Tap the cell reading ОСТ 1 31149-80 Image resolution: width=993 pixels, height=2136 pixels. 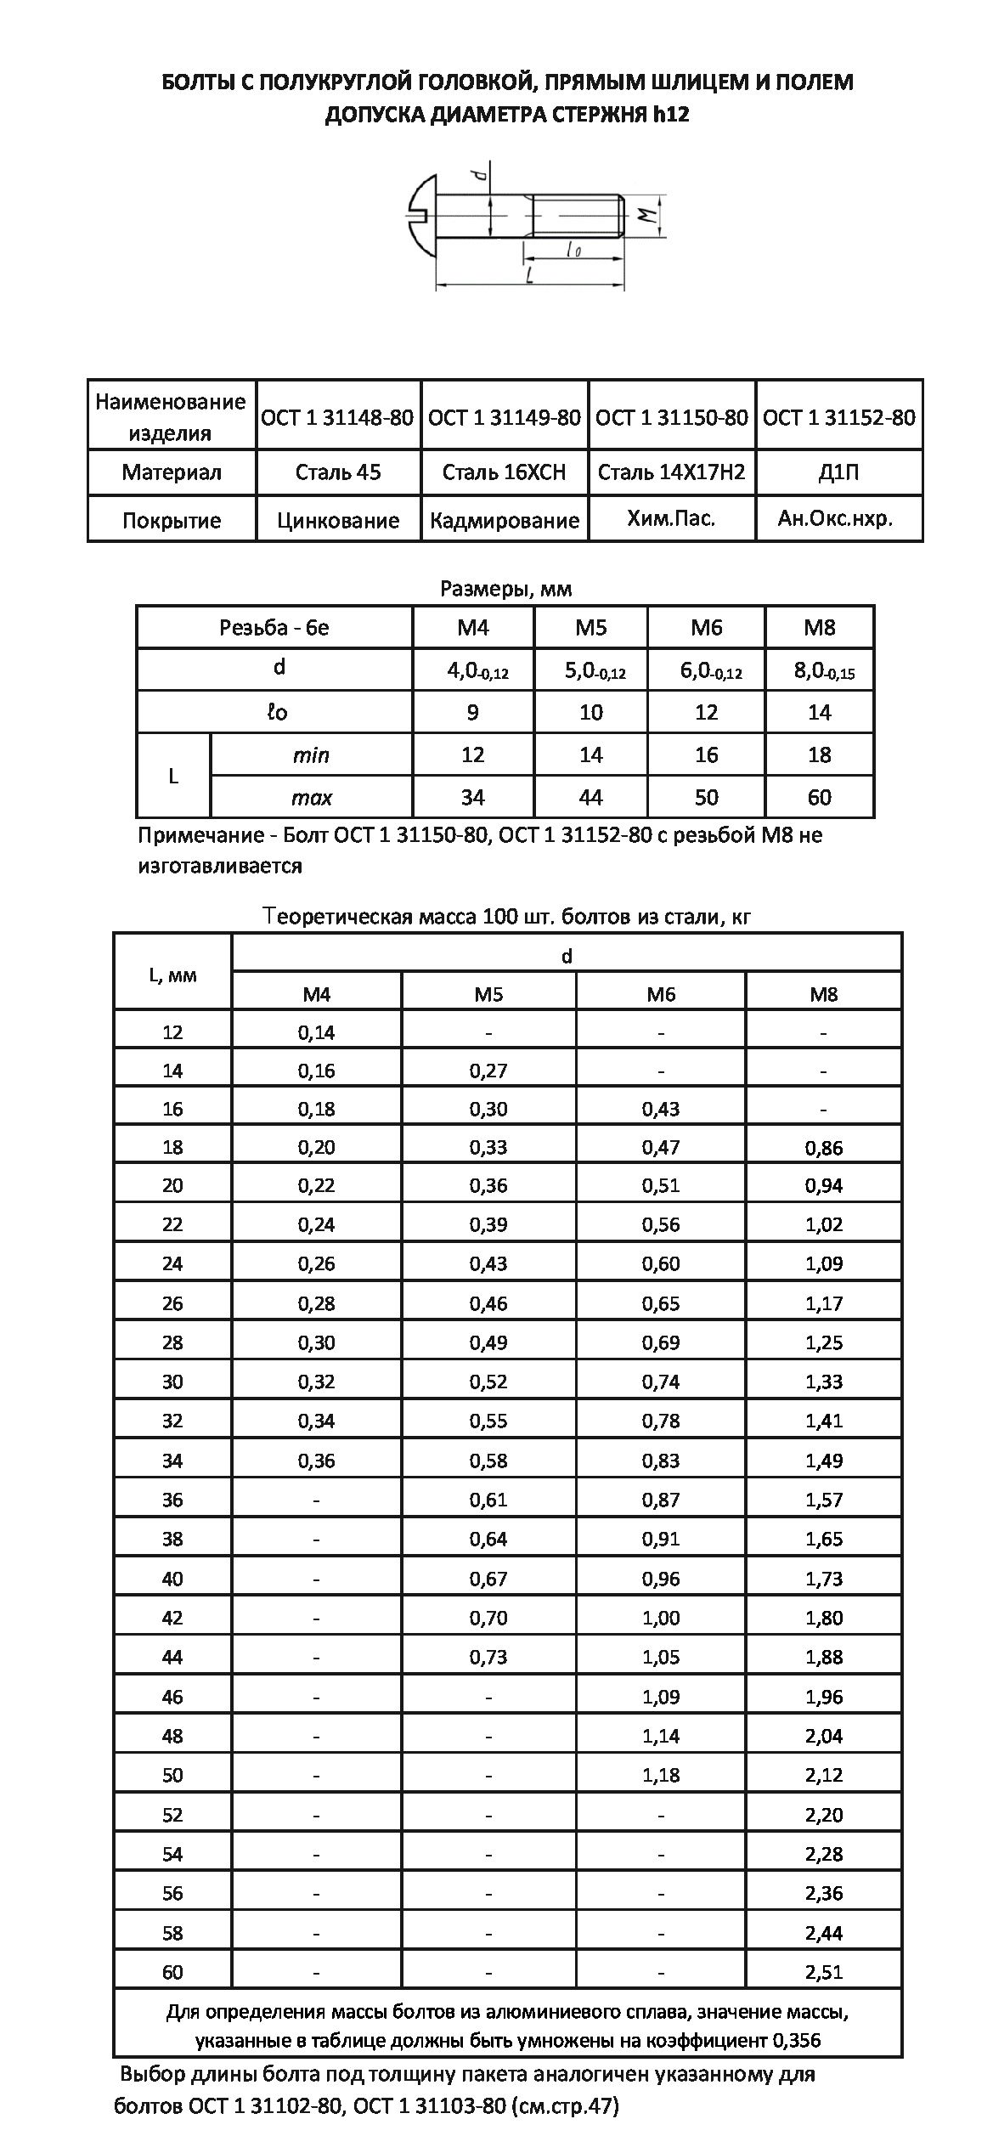(x=505, y=417)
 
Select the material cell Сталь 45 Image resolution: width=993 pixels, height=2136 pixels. (x=338, y=472)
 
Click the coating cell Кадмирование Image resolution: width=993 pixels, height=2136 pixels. (x=505, y=520)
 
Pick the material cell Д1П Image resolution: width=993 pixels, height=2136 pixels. (x=838, y=472)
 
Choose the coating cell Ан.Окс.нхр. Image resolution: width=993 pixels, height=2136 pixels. (x=836, y=518)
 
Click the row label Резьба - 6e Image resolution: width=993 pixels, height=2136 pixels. (x=274, y=628)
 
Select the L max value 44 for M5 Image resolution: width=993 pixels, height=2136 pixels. (x=590, y=797)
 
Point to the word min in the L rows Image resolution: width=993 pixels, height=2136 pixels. (x=311, y=754)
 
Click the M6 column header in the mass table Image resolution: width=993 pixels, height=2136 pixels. (x=661, y=994)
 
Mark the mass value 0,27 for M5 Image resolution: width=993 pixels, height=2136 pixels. (x=488, y=1071)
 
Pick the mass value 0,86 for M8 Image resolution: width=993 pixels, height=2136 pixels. (x=824, y=1148)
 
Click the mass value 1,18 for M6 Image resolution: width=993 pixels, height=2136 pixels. (x=661, y=1776)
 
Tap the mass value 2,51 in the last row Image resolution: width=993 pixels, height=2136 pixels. (x=824, y=1971)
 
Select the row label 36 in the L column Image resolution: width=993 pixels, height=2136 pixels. (x=172, y=1500)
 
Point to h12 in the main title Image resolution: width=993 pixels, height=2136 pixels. (x=671, y=115)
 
